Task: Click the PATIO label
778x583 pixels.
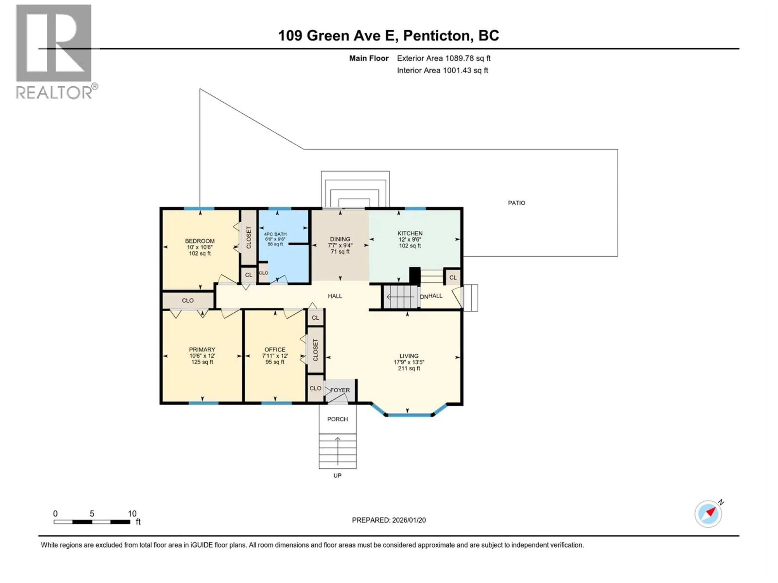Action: click(516, 203)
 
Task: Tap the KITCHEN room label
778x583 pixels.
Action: click(410, 233)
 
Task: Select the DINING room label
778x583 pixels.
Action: click(340, 239)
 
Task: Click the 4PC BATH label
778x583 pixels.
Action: click(275, 234)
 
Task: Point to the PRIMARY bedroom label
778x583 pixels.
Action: click(202, 349)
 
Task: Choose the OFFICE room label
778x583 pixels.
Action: click(275, 349)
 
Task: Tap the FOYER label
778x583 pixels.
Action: click(340, 390)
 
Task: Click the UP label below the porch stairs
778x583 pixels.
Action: click(337, 476)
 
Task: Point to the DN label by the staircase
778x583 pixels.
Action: click(424, 297)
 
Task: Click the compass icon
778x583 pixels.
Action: click(708, 514)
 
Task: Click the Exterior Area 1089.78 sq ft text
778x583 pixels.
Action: click(444, 58)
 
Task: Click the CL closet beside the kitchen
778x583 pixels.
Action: click(453, 277)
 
